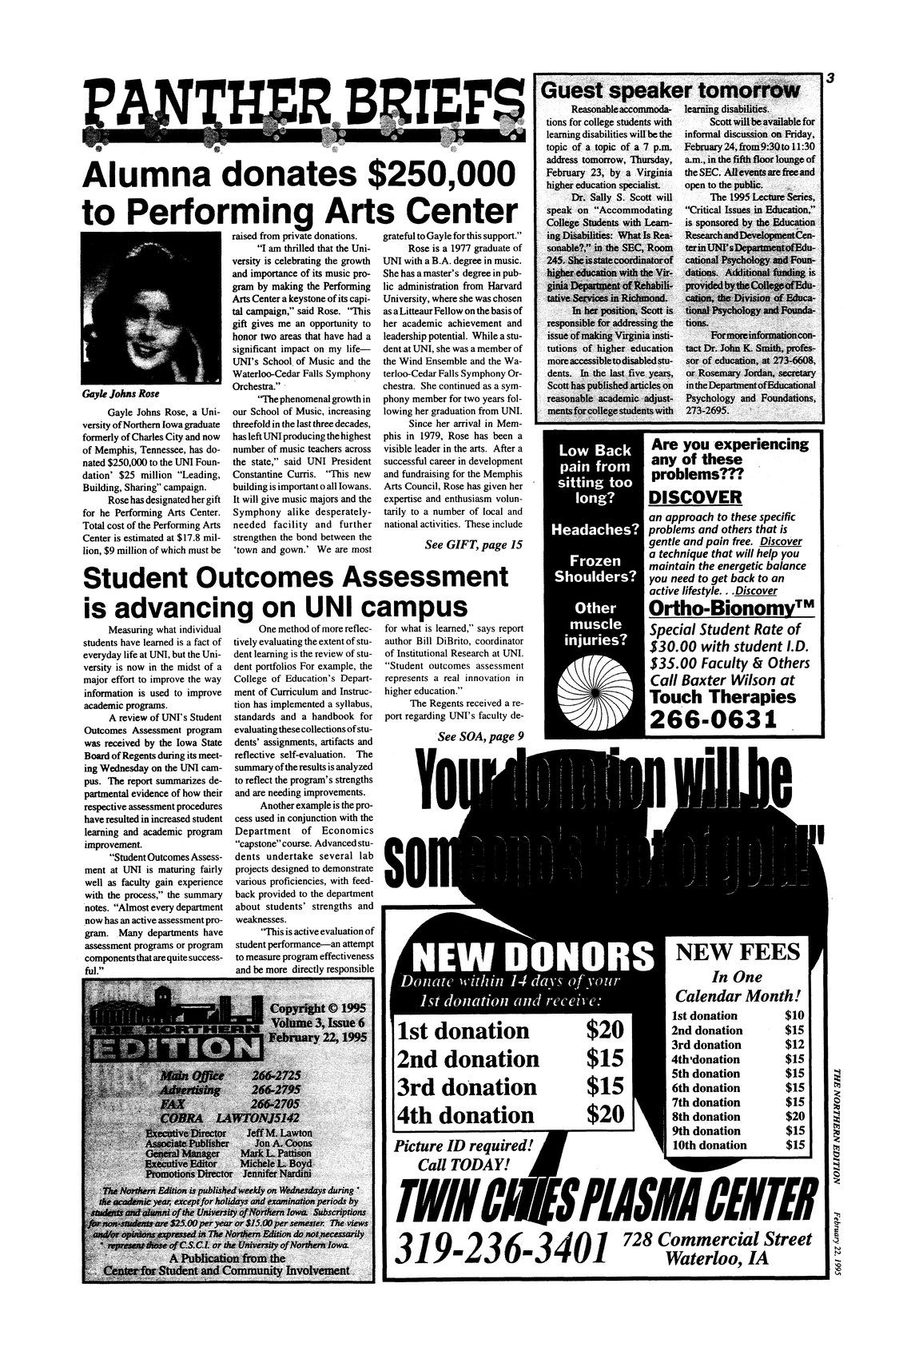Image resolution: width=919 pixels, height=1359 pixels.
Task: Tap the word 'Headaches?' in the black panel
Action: click(591, 530)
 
